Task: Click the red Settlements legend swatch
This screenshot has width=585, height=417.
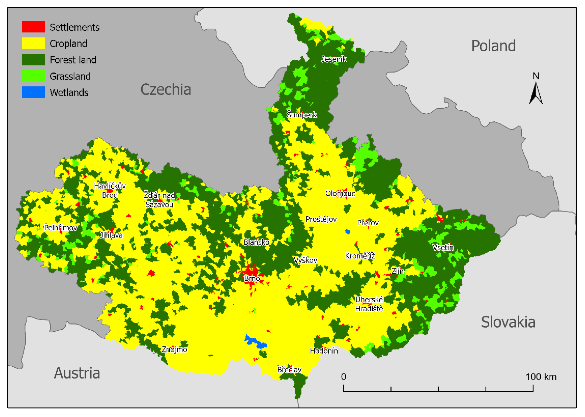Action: (33, 27)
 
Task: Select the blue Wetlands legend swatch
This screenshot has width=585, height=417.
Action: (33, 92)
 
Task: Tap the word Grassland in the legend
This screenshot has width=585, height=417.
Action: (70, 76)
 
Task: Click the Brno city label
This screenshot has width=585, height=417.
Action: (252, 278)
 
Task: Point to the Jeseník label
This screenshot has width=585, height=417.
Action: (334, 59)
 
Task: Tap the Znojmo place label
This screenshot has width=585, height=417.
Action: (174, 349)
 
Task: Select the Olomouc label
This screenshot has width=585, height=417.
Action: (340, 193)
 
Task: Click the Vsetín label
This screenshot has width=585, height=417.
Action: (443, 247)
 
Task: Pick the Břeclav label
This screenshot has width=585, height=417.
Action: (289, 370)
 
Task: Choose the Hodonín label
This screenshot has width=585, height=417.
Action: (324, 351)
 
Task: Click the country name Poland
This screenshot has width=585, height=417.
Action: (493, 46)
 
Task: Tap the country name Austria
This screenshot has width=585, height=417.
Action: (77, 373)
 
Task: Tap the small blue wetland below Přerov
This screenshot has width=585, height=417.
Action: (347, 232)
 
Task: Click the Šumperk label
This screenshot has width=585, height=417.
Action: (302, 115)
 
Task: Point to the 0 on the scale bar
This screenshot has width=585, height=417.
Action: (343, 377)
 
